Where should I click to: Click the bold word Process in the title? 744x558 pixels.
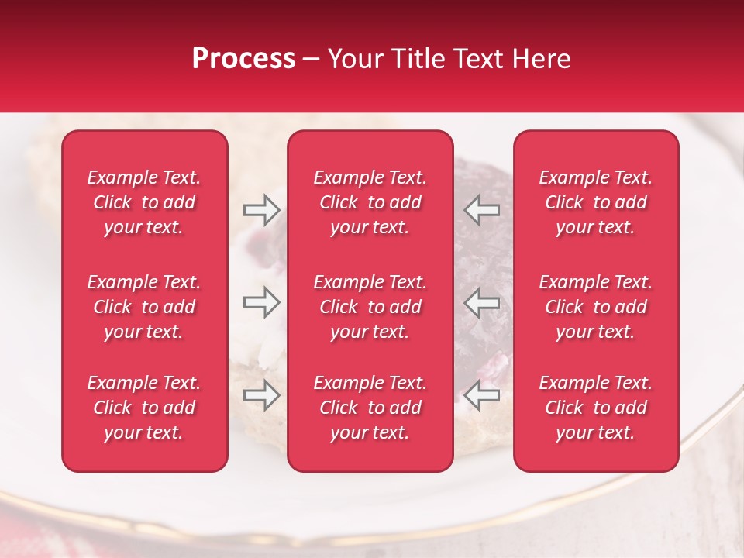[x=243, y=59]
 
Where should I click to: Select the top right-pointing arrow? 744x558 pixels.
[x=261, y=210]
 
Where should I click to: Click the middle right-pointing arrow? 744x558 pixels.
[x=261, y=301]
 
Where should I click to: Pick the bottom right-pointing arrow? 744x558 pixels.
[x=261, y=396]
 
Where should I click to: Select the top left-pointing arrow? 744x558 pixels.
[x=481, y=210]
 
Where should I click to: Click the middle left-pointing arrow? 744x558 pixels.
[x=481, y=301]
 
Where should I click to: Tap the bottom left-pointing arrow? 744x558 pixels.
[x=481, y=396]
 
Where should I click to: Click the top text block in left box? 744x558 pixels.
[x=144, y=202]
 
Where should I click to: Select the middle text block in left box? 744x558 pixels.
[x=144, y=307]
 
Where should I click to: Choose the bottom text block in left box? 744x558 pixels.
[x=144, y=408]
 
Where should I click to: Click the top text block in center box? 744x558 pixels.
[x=370, y=202]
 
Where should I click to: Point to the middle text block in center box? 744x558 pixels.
[x=370, y=307]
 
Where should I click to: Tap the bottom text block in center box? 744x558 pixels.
[x=370, y=408]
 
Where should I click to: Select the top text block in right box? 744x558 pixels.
[x=595, y=202]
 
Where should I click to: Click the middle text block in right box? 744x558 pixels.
[x=595, y=307]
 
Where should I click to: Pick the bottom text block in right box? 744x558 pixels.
[x=595, y=408]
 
